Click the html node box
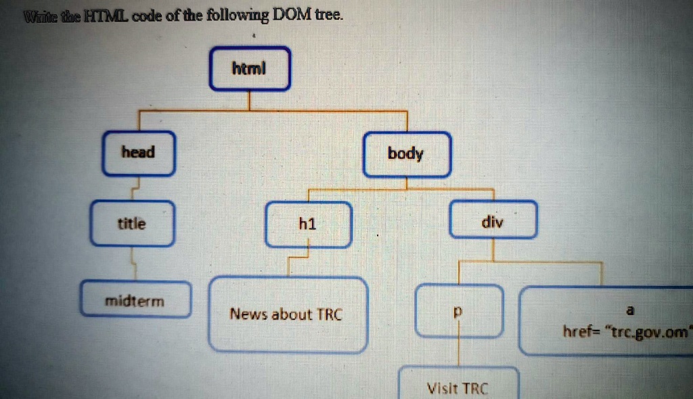(250, 68)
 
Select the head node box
(139, 153)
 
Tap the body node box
(406, 154)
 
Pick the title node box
(133, 223)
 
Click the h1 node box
(309, 225)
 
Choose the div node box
(493, 221)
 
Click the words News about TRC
(286, 314)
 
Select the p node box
(459, 311)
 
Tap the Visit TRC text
(457, 389)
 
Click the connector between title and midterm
(134, 262)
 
